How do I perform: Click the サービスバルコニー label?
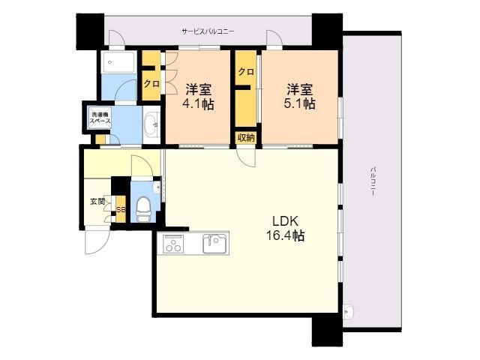coord(208,31)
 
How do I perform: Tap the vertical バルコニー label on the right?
coord(373,181)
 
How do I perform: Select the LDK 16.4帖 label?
coord(285,228)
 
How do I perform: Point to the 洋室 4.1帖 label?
coord(198,97)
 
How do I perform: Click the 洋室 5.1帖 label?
coord(300,97)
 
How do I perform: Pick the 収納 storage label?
coord(246,138)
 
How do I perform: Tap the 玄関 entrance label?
coord(97,202)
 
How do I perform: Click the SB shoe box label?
coord(121,210)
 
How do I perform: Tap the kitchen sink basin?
coord(215,244)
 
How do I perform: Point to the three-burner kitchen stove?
coord(173,244)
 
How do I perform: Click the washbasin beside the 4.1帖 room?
coord(151,125)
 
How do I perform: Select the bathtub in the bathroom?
coord(119,62)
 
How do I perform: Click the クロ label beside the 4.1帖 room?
coord(151,83)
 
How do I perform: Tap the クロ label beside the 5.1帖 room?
coord(246,72)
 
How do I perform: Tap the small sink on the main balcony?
coord(348,312)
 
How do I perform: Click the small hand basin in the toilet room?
coord(157,187)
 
